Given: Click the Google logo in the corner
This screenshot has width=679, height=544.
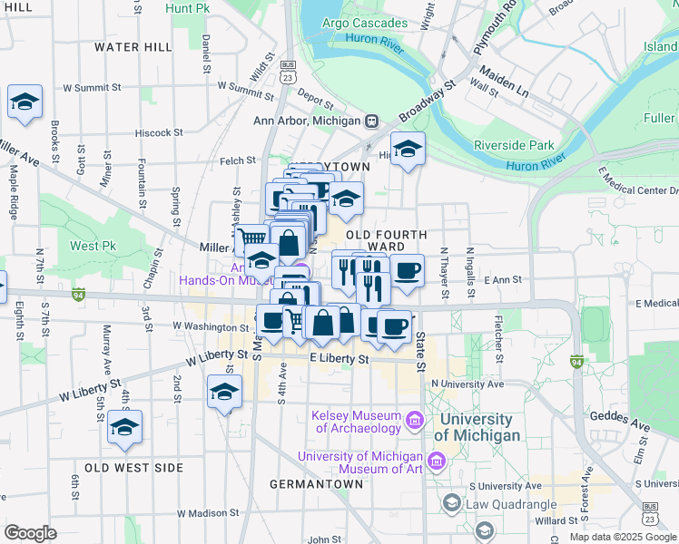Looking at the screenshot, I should point(30,533).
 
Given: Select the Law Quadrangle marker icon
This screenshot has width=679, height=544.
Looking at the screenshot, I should point(451,502).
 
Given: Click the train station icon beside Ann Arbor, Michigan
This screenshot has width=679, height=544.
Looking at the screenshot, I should point(371,121).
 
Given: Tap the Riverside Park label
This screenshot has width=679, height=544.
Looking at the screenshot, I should point(514,145).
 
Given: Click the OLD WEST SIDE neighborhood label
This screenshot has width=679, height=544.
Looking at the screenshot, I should point(133,468).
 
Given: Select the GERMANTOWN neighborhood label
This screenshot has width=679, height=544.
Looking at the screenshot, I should point(317,484).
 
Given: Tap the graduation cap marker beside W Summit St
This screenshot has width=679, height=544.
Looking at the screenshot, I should point(25,102).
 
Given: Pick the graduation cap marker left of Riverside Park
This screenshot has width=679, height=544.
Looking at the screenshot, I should point(408,150).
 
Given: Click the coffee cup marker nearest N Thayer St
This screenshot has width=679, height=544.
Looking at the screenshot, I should point(407,270).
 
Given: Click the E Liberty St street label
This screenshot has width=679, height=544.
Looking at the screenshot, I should point(339,360).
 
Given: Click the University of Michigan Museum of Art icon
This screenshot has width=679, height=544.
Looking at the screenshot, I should point(437,462).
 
